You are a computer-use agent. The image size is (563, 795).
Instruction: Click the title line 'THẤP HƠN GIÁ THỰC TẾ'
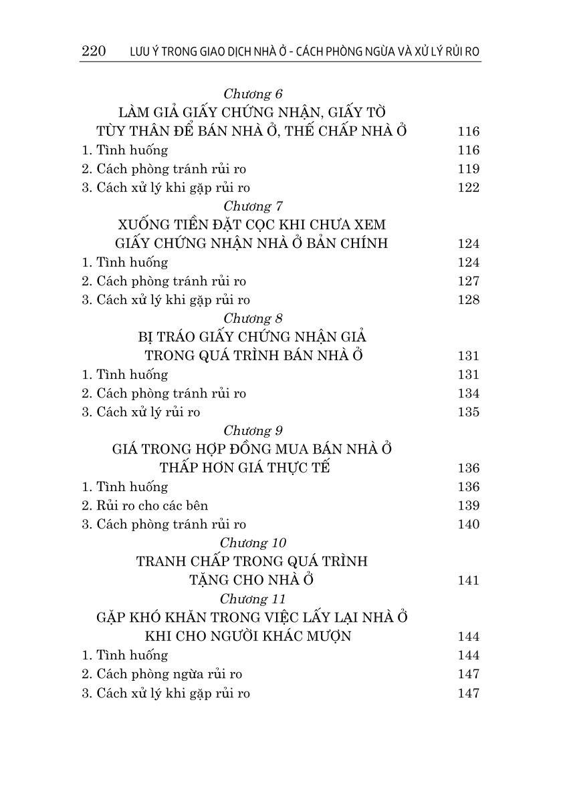pos(245,468)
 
